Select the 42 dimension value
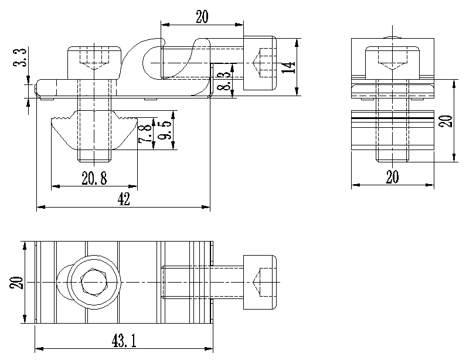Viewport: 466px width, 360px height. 124,199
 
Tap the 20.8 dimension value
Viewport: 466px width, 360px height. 94,179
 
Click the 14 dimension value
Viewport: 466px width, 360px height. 287,66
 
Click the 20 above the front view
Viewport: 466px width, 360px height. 202,18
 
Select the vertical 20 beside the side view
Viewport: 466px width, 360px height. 446,121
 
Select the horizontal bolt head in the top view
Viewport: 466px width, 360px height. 258,283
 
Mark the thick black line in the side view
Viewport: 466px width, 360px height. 392,118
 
